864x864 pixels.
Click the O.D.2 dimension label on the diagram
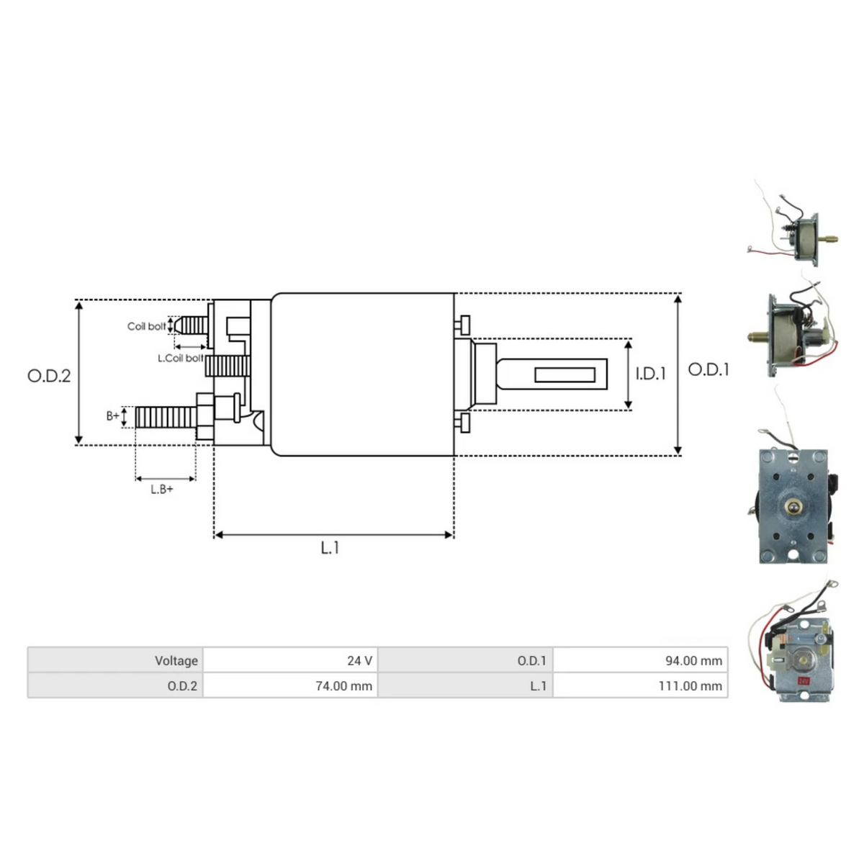(49, 376)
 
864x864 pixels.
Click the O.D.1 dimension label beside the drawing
(708, 369)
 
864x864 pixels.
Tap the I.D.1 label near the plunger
(650, 374)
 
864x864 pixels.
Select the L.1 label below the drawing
(330, 548)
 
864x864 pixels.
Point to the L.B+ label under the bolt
(162, 490)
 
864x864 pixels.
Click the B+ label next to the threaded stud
(113, 416)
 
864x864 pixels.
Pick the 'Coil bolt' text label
(146, 326)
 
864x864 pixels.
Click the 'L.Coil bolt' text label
(180, 358)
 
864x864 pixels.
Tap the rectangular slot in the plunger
(564, 374)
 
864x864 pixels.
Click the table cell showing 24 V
(290, 660)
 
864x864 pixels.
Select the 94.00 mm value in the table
(640, 660)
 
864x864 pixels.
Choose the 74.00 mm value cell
(290, 685)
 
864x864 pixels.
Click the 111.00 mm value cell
(640, 685)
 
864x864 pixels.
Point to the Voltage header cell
(115, 660)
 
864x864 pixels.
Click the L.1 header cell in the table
(465, 685)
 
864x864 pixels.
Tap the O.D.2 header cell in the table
(115, 685)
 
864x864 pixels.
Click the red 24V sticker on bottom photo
(803, 680)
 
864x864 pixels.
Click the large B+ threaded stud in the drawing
(166, 417)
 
